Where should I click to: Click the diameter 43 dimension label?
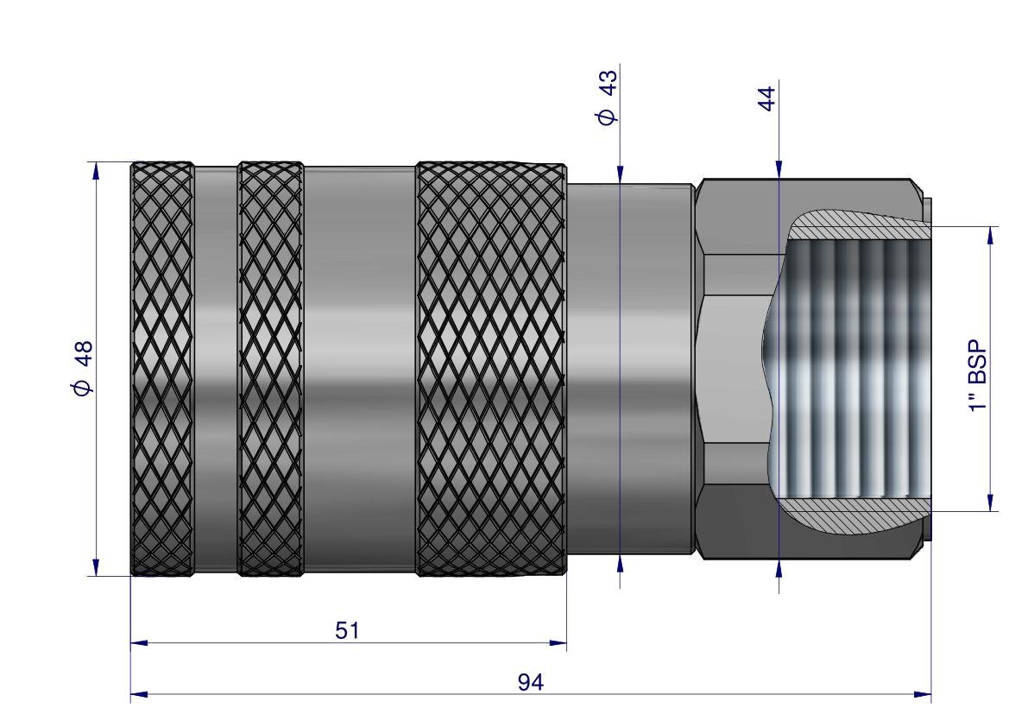click(608, 98)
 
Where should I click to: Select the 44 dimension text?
click(766, 95)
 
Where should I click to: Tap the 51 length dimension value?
click(347, 630)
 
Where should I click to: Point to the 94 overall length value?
click(531, 682)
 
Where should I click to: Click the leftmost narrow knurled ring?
click(161, 369)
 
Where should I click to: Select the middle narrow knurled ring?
click(270, 369)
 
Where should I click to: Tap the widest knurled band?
click(490, 369)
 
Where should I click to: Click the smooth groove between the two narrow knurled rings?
click(215, 369)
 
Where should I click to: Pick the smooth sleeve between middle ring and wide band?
click(359, 369)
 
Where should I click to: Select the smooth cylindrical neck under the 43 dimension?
click(630, 369)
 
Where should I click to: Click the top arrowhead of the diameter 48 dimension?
click(96, 171)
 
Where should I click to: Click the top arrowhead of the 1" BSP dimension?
click(990, 235)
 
